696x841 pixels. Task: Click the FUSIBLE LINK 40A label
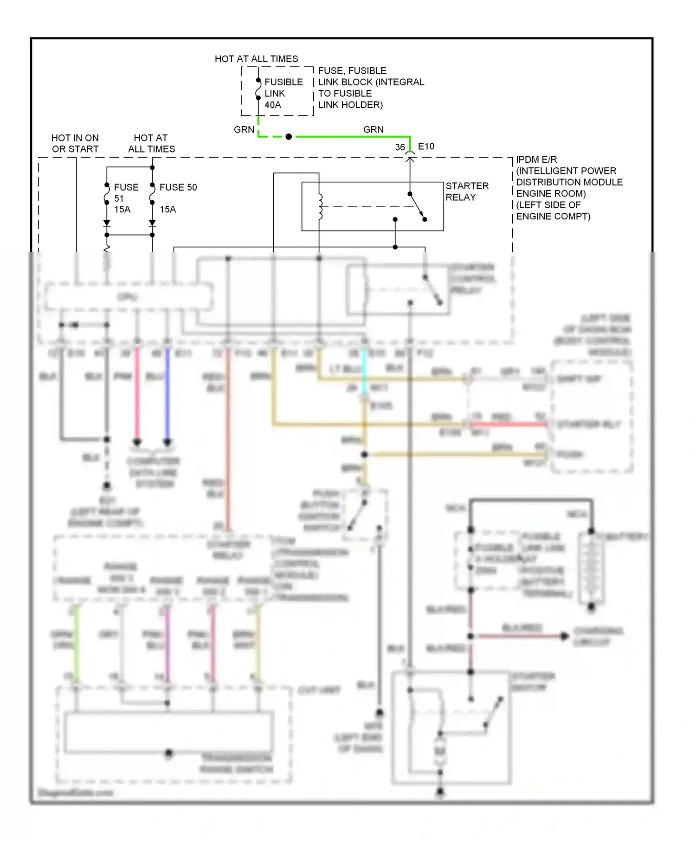click(x=283, y=93)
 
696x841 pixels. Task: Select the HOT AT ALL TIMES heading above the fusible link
click(x=256, y=59)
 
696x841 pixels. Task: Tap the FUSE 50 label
click(x=178, y=187)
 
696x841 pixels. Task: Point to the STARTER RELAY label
click(x=466, y=191)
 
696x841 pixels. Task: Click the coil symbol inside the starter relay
click(x=320, y=207)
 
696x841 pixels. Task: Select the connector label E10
click(x=426, y=147)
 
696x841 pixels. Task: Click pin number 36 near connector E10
click(x=400, y=147)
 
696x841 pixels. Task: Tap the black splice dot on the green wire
click(x=289, y=137)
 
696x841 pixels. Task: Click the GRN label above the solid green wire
click(x=373, y=129)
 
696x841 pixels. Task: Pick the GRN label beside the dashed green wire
click(x=244, y=129)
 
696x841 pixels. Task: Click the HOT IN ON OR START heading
click(x=75, y=143)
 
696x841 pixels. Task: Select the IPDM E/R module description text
click(x=568, y=188)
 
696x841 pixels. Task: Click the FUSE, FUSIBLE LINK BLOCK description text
click(x=371, y=88)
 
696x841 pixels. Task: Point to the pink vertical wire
click(x=137, y=394)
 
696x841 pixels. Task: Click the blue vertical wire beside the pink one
click(x=168, y=394)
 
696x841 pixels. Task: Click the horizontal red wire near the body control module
click(x=508, y=424)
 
